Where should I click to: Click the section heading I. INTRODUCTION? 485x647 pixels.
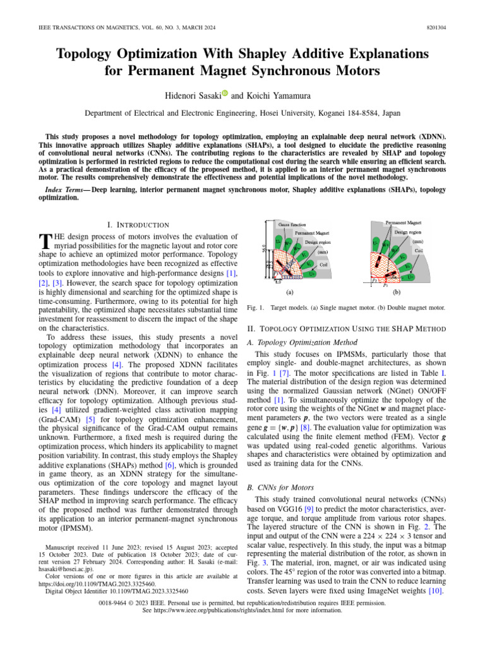140,224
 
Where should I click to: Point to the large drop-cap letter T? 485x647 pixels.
44,242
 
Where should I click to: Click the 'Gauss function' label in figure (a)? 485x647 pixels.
294,224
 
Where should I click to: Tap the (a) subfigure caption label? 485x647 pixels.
289,293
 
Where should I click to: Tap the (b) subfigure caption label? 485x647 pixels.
397,293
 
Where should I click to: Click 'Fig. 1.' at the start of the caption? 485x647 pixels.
252,308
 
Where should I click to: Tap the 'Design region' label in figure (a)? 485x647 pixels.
321,241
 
